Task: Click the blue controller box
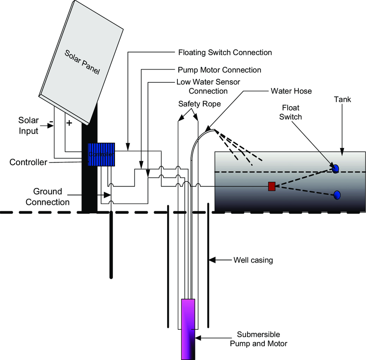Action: point(101,154)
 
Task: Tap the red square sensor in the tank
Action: point(272,186)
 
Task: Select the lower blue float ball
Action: point(337,195)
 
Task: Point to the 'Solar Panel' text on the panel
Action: point(82,63)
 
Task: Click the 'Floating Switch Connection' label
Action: point(225,53)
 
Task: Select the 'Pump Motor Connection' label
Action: point(219,70)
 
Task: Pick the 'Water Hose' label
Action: point(291,91)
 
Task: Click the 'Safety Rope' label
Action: point(199,104)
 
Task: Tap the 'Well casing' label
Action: point(253,260)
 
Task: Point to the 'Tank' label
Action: point(342,100)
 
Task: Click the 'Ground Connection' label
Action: point(47,197)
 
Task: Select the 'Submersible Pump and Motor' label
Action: point(258,339)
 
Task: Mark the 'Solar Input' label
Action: point(28,125)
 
